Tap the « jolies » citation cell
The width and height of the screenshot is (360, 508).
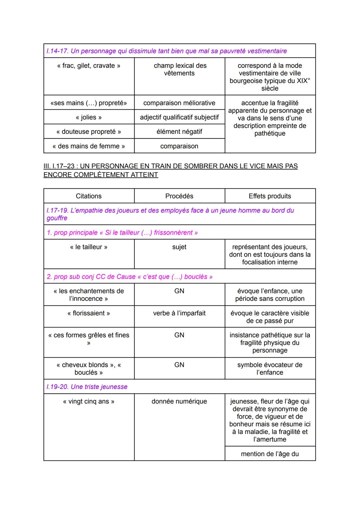coord(89,117)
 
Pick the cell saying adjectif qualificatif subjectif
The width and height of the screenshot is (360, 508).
coord(180,117)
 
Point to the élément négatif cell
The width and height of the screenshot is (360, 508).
coord(180,132)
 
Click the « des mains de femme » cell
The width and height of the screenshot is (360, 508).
coord(89,146)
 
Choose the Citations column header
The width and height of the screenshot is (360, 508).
coord(89,196)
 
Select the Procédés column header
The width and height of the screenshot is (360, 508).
coord(180,196)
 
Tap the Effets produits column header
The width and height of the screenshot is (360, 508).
coord(270,196)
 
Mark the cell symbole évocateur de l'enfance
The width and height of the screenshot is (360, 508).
coord(270,368)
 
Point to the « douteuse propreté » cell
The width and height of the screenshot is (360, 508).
coord(89,132)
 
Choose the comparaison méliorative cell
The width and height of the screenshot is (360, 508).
coord(180,103)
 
